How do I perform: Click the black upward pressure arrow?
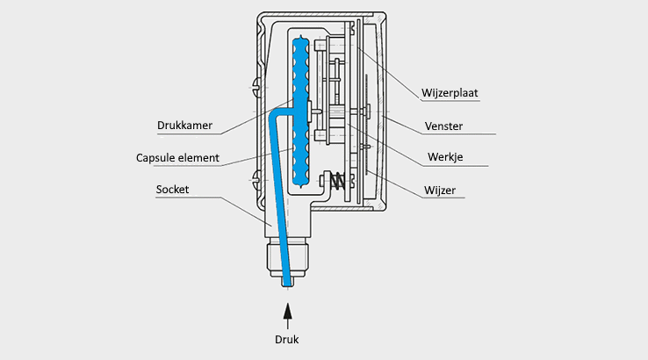pyautogui.click(x=287, y=312)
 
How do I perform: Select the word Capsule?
pyautogui.click(x=157, y=159)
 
